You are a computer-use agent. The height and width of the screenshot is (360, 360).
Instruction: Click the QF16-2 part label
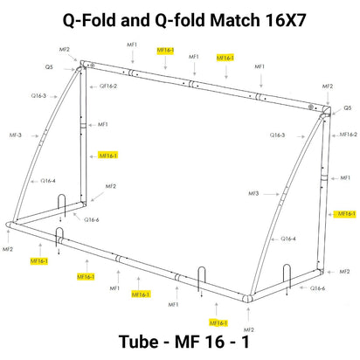coord(108,86)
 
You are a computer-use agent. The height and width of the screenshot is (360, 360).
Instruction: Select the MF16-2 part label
coord(347,134)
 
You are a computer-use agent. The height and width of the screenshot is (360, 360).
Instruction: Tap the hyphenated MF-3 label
coord(16,135)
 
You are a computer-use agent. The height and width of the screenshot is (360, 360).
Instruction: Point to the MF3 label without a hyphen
coord(253,193)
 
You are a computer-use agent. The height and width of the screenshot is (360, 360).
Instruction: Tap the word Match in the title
coord(244,19)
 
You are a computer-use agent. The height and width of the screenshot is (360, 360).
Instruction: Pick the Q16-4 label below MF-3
coord(48,181)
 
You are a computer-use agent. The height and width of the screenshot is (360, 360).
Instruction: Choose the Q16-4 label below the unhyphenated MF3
coord(287,239)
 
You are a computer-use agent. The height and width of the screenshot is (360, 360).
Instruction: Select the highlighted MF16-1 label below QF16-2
coord(108,155)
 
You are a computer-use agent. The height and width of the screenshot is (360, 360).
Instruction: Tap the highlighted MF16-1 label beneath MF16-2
coord(346,213)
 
